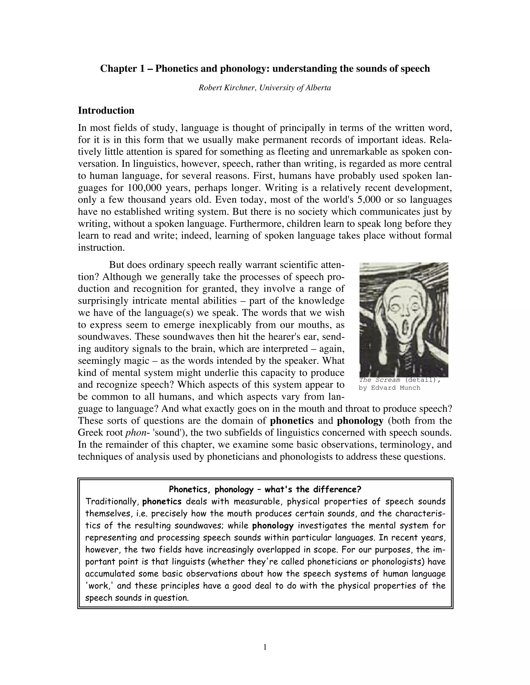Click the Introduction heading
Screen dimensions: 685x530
click(106, 110)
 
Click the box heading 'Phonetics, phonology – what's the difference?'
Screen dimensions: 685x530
click(265, 489)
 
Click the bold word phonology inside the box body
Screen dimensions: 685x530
click(273, 526)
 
